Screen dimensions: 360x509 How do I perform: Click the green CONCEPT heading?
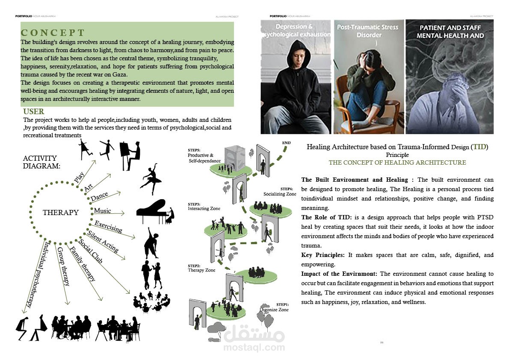(x=53, y=33)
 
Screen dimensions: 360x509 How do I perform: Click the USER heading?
(x=34, y=112)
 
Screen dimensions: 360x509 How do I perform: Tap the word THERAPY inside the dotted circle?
(x=61, y=212)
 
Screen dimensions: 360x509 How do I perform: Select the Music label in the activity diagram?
(x=102, y=211)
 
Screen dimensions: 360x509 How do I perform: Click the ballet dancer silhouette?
(x=150, y=177)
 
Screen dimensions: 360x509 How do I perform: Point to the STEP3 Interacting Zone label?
(x=204, y=207)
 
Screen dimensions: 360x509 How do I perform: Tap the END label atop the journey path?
(x=286, y=142)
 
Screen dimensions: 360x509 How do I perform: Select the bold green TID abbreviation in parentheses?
(x=479, y=147)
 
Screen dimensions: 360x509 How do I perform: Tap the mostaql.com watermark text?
(x=254, y=347)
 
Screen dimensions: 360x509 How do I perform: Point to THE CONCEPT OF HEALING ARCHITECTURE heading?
(x=397, y=162)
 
